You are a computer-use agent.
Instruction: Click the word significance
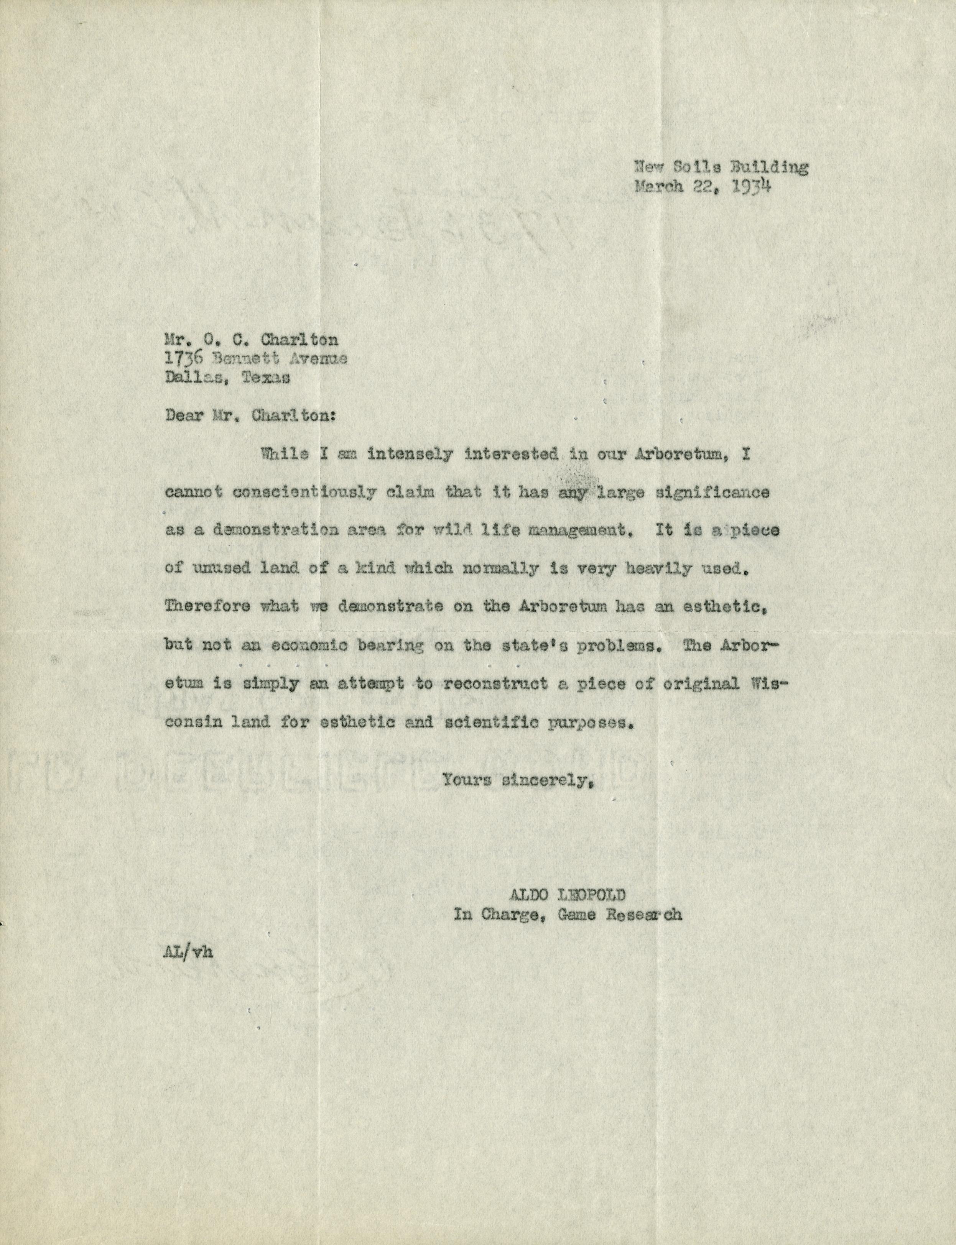712,493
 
